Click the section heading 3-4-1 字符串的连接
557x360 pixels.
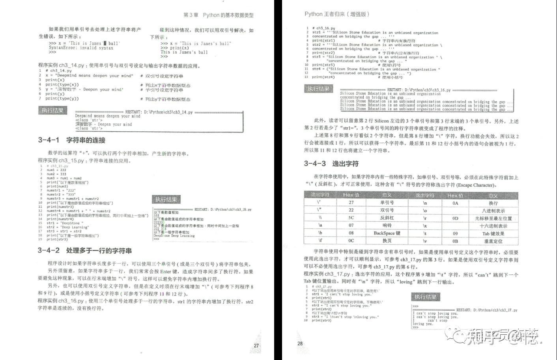[72, 140]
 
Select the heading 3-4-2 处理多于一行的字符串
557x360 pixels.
[85, 250]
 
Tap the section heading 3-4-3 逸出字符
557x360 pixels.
[331, 164]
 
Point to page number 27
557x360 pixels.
[256, 345]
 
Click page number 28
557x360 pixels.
[300, 343]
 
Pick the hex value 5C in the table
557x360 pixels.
[351, 218]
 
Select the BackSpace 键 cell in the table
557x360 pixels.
[387, 233]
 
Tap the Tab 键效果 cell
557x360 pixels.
[493, 233]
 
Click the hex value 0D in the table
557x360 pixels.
[455, 218]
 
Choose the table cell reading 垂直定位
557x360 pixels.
[493, 241]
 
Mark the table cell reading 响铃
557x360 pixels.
[387, 226]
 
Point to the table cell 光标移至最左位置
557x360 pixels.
[493, 218]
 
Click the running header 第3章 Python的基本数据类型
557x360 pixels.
[219, 15]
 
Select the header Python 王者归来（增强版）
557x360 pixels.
[337, 14]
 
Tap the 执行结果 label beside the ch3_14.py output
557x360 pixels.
[53, 110]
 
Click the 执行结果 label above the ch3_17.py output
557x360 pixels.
[425, 297]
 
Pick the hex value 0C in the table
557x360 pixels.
[351, 241]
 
